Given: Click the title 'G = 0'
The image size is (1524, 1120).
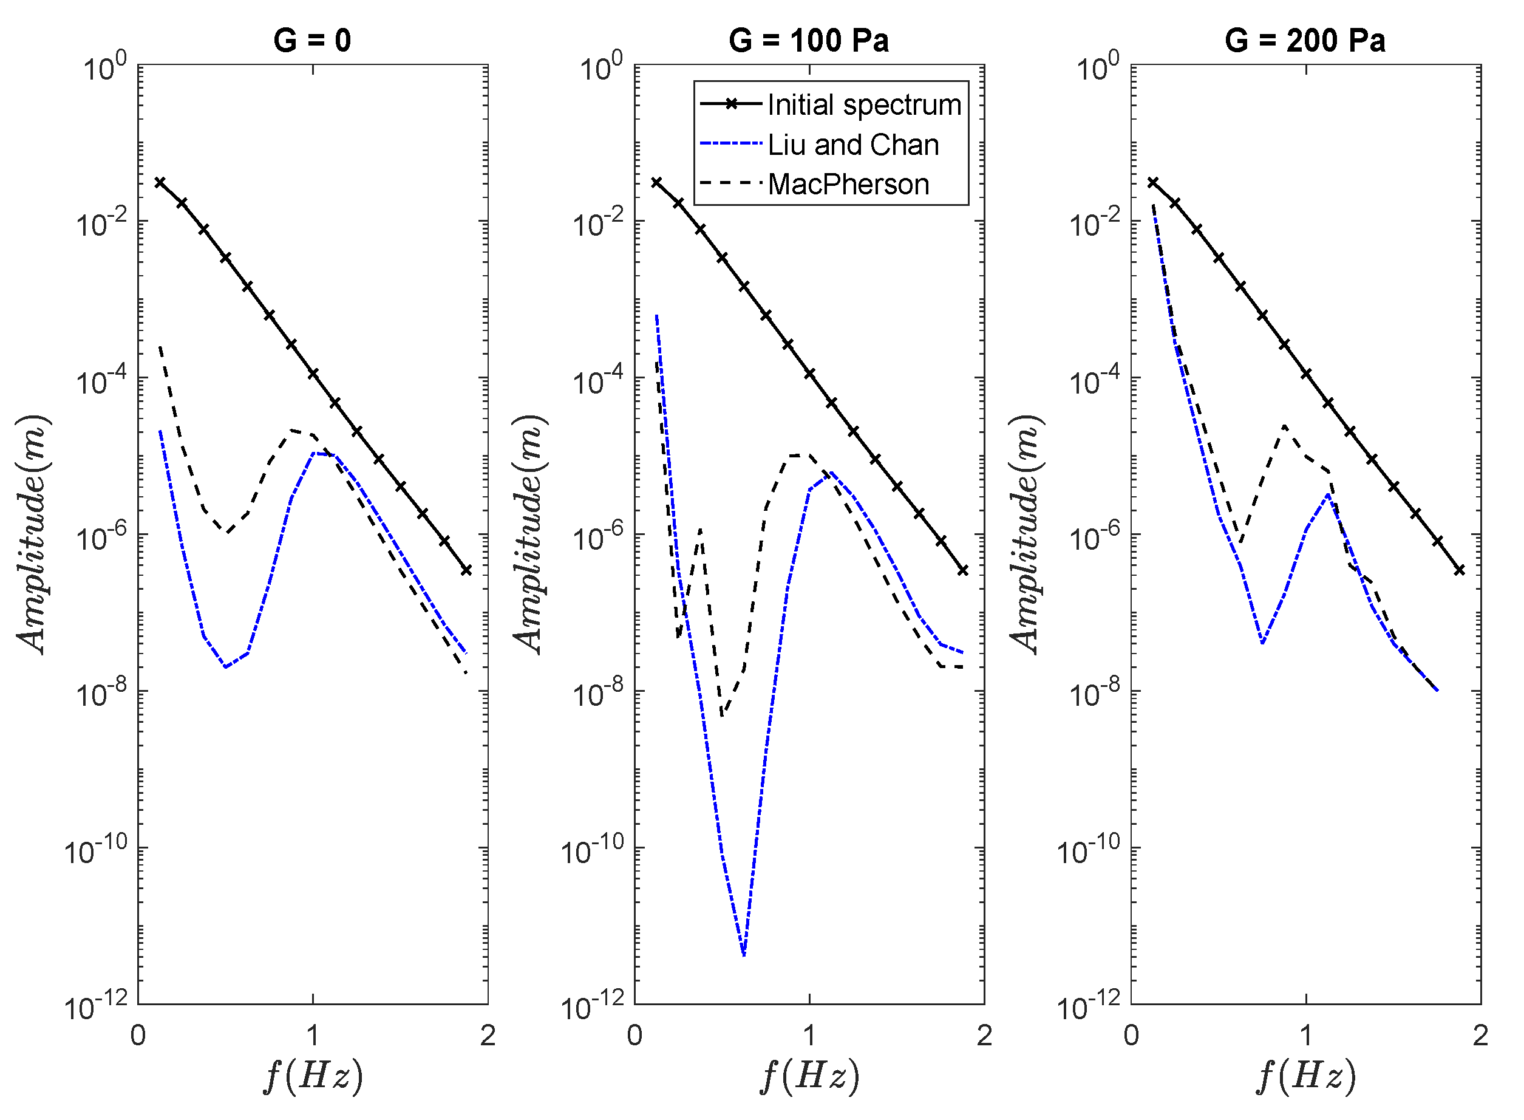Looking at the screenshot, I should tap(311, 41).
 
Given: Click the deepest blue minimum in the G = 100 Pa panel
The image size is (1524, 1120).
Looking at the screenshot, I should tap(744, 955).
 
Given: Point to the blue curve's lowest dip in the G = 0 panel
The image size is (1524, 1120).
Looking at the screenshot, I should tap(226, 668).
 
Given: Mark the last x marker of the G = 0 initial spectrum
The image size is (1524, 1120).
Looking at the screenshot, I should tap(466, 570).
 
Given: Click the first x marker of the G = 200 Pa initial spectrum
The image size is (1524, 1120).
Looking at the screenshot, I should tap(1152, 182).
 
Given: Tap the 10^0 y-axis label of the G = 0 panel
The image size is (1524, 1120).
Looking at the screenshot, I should tap(104, 68).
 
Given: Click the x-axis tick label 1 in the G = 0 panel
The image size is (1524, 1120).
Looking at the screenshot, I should tap(312, 1035).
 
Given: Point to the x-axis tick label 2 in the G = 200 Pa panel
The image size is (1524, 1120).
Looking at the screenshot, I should tap(1481, 1035).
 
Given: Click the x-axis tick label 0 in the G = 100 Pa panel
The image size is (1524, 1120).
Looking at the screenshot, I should tap(634, 1035).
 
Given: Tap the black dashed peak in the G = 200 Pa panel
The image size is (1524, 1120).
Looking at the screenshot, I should tap(1284, 426).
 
